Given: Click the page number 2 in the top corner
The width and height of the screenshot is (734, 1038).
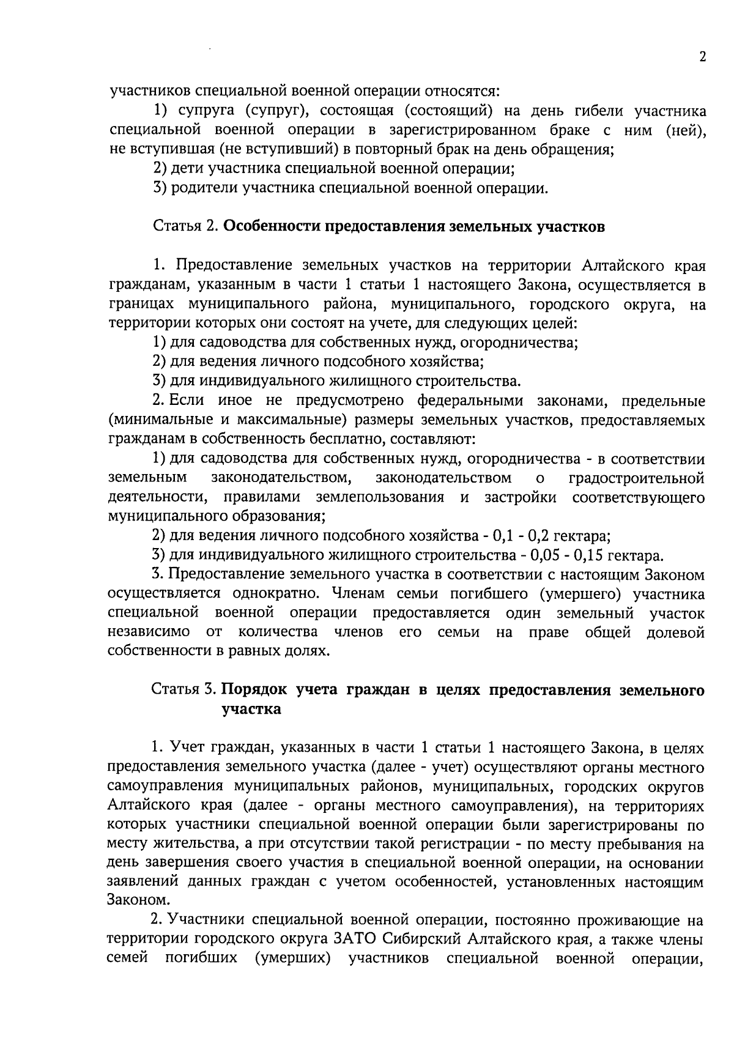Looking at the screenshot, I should (x=702, y=57).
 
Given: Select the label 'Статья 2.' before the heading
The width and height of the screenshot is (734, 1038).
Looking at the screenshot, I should (x=185, y=226).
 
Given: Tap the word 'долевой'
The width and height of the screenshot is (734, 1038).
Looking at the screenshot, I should (x=675, y=632).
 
